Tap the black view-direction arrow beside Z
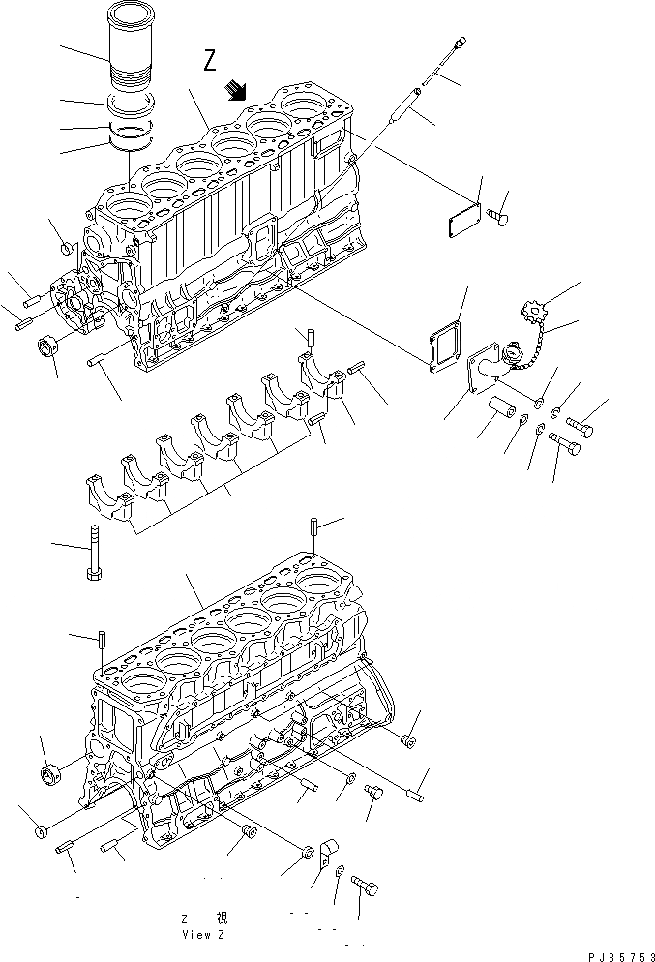235,90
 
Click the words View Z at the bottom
203,935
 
